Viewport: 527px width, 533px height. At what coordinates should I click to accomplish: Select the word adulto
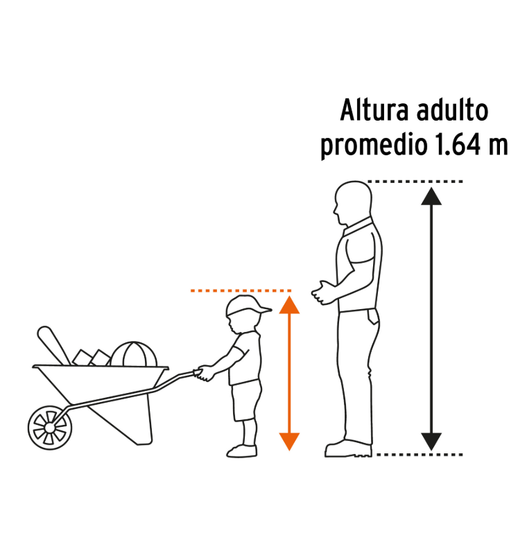[453, 110]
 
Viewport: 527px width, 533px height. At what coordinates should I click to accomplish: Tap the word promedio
[374, 145]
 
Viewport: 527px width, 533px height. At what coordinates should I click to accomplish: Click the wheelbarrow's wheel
[50, 428]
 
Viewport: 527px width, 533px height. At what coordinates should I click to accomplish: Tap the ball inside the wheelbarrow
[134, 354]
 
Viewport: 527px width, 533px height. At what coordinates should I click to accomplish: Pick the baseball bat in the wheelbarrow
[53, 345]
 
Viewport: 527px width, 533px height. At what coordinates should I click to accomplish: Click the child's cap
[248, 305]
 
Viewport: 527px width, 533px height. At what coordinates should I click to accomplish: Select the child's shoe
[242, 451]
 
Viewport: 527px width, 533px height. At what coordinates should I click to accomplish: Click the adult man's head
[353, 202]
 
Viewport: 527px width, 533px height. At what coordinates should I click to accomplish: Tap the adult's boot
[349, 448]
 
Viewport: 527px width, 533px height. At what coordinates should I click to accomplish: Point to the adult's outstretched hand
[322, 292]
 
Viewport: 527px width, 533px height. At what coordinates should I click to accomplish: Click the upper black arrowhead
[431, 196]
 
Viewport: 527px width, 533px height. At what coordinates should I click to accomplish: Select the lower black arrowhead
[431, 442]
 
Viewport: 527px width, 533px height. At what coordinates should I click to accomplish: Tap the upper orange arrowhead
[289, 304]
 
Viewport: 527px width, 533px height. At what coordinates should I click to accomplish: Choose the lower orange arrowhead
[289, 442]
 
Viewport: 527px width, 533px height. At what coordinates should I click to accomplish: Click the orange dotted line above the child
[241, 290]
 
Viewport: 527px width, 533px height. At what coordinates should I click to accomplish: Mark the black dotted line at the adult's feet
[420, 455]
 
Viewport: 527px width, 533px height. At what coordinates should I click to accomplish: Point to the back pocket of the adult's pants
[373, 317]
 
